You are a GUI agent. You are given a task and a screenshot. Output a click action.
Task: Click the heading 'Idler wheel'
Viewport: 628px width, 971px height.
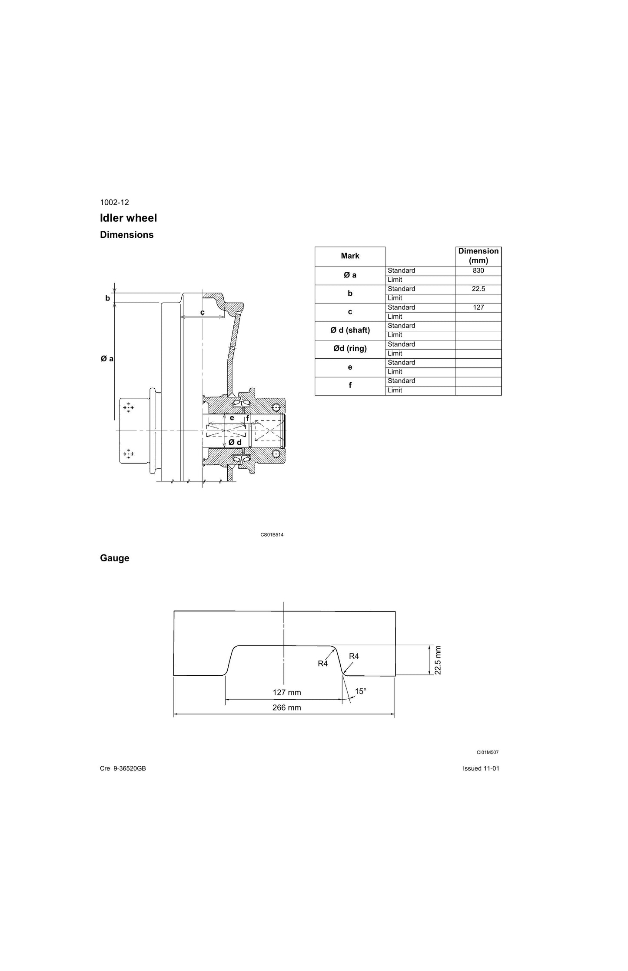click(129, 218)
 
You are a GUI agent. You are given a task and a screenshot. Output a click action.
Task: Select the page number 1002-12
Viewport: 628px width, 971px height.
click(114, 202)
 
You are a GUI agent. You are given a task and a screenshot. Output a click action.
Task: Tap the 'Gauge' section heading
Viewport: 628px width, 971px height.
click(115, 558)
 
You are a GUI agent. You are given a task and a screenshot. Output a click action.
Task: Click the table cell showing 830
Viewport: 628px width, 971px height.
click(478, 270)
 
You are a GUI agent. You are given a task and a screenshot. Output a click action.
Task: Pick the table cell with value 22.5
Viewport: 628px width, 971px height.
click(478, 289)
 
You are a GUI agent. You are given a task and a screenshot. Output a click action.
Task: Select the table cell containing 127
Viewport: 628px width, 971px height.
click(478, 307)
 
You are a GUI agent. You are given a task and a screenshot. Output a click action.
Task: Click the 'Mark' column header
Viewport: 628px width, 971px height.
click(350, 256)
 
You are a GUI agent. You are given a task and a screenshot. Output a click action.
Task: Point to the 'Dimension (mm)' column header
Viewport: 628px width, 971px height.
click(478, 256)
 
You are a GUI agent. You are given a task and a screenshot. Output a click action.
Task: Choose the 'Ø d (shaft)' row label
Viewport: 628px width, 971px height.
click(350, 330)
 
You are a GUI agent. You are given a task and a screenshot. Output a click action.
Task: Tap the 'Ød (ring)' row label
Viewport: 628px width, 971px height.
click(350, 349)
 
